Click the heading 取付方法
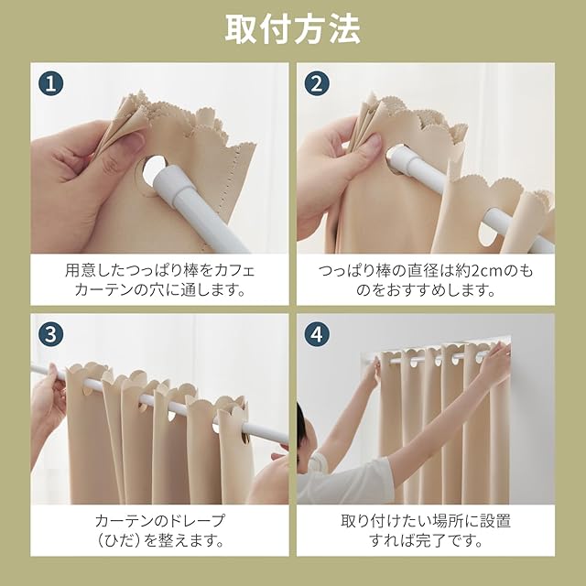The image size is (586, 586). click(293, 30)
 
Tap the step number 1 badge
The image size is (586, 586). click(51, 83)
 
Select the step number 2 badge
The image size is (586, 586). click(317, 83)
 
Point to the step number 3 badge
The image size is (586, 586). click(51, 334)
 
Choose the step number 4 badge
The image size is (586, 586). click(317, 334)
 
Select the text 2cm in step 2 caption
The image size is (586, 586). click(487, 271)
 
